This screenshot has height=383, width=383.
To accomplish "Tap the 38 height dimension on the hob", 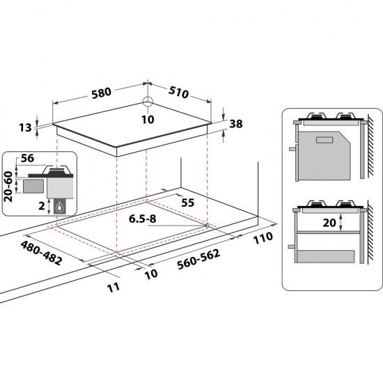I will [235, 125].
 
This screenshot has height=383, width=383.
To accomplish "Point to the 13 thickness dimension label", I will [25, 127].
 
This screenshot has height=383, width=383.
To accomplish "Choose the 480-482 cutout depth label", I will [42, 254].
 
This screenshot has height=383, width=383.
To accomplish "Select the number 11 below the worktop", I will [114, 286].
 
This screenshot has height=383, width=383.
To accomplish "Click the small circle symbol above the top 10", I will [148, 102].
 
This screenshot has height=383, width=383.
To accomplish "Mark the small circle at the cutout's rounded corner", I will [208, 225].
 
